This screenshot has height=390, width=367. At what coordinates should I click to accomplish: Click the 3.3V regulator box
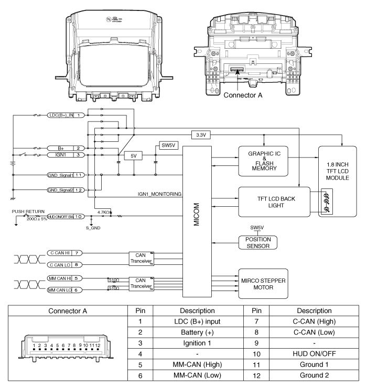pyautogui.click(x=201, y=134)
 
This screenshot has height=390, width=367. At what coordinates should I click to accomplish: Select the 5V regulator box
pyautogui.click(x=134, y=155)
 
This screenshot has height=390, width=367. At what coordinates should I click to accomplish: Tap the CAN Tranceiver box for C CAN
pyautogui.click(x=142, y=258)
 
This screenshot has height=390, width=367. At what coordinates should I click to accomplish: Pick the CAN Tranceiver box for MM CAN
pyautogui.click(x=142, y=283)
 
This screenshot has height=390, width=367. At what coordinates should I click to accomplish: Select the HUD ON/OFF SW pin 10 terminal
pyautogui.click(x=66, y=216)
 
